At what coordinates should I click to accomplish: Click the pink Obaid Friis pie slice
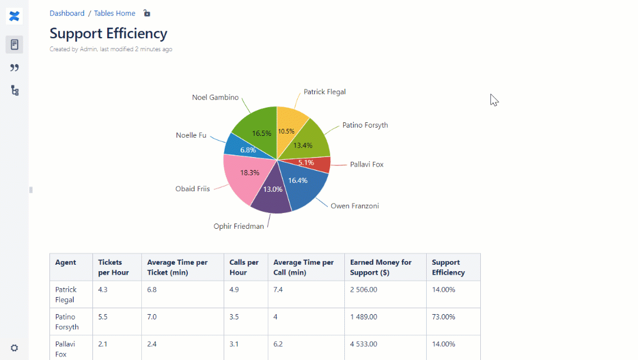click(244, 176)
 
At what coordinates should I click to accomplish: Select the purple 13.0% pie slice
click(272, 194)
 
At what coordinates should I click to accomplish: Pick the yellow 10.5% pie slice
click(290, 126)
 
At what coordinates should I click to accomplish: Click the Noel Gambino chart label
click(215, 97)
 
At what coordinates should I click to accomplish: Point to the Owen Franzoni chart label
click(354, 206)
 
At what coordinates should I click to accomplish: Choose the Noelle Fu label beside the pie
click(191, 135)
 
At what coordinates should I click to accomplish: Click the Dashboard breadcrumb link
click(67, 13)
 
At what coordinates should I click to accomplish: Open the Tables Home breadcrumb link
click(115, 13)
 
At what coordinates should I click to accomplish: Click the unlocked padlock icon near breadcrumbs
click(147, 13)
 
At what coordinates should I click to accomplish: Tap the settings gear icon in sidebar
click(14, 348)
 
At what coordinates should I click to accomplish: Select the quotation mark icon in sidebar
click(15, 68)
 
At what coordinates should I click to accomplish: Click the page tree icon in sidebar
click(15, 91)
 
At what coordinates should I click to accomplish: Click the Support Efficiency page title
click(108, 34)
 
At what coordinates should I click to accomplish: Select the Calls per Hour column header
click(244, 267)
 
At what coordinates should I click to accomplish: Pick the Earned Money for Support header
click(381, 267)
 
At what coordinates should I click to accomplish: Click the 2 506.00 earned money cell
click(364, 289)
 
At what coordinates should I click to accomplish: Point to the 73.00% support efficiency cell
click(443, 316)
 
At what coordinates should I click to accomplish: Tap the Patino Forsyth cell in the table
click(67, 322)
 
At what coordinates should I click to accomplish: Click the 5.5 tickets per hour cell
click(103, 316)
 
